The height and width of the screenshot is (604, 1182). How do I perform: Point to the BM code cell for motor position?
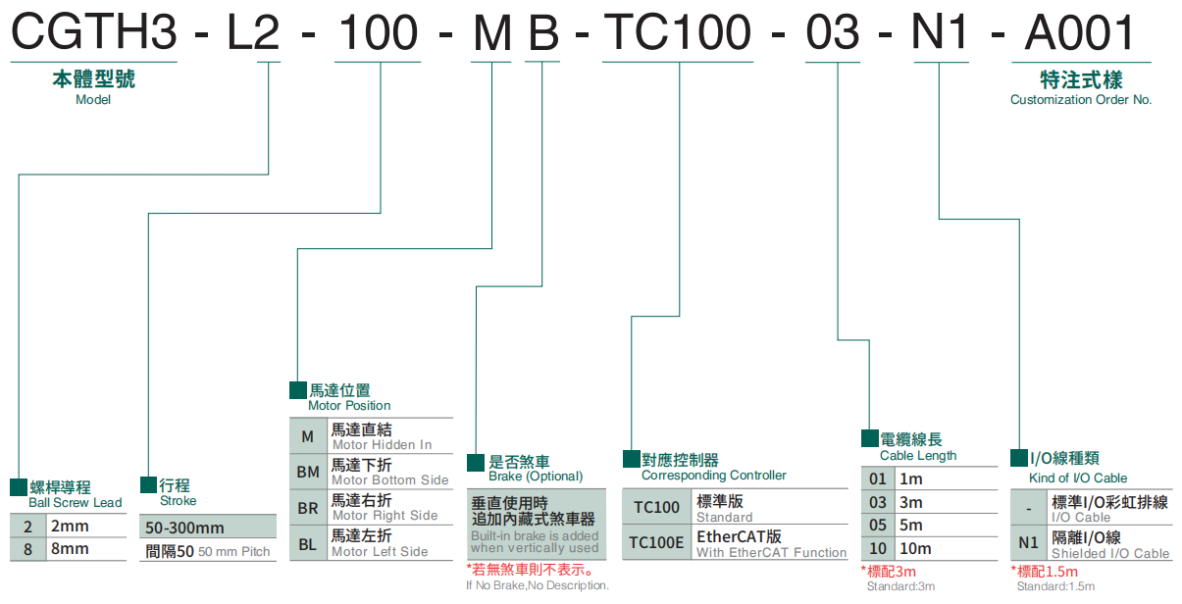point(308,472)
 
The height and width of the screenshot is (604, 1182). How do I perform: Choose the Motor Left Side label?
point(380,551)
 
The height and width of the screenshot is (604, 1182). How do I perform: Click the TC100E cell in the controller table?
point(657,542)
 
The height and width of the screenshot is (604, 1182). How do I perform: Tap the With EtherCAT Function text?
point(771,553)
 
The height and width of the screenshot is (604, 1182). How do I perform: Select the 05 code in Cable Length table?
point(877,526)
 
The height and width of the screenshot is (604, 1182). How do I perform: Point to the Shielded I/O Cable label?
point(1110,554)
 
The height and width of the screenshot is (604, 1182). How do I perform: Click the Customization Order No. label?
point(1081,99)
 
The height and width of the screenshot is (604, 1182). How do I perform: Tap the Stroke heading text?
point(178,500)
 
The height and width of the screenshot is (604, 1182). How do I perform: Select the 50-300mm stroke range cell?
point(184,528)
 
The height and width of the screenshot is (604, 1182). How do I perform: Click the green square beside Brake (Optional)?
point(476,462)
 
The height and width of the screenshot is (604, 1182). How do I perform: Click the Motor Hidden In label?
point(382,445)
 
